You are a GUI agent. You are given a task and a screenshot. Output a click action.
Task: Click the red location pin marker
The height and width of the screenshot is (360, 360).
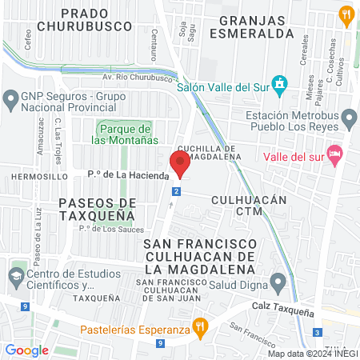tap(180, 163)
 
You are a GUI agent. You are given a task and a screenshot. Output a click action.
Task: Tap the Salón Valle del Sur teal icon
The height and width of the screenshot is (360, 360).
tap(278, 83)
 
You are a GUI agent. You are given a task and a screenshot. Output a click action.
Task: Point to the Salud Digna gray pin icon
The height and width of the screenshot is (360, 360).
tap(278, 281)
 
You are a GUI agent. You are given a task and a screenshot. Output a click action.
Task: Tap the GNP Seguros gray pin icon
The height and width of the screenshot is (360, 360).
tap(11, 100)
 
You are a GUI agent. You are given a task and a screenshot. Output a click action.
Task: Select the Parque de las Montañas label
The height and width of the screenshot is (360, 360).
tap(121, 134)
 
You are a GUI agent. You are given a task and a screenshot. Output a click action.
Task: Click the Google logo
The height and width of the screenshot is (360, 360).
tap(26, 350)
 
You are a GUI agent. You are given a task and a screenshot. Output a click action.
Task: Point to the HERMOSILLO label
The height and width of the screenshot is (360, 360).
tap(31, 175)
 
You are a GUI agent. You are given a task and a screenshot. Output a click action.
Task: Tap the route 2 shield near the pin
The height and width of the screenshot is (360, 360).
tap(176, 190)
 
